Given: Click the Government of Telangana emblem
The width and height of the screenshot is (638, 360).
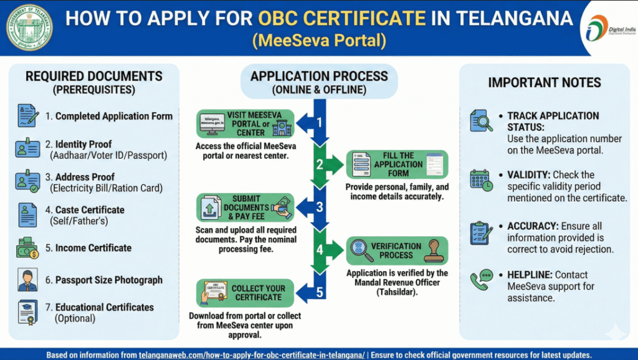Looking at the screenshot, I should point(29,27).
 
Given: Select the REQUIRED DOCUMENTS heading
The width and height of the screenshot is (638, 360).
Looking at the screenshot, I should point(93,77).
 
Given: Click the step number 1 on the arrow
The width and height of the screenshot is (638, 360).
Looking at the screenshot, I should point(320,123).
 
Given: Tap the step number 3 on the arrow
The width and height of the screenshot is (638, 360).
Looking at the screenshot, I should point(320,207).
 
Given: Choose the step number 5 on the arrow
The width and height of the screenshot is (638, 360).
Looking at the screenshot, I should point(320,292).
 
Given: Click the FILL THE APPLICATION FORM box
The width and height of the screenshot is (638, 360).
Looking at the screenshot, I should point(397,164).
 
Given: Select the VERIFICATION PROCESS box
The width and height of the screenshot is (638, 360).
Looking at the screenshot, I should point(397,250).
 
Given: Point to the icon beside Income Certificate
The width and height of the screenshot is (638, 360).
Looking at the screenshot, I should point(27,248).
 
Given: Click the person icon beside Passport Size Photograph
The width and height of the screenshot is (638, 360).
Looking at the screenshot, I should point(27,280).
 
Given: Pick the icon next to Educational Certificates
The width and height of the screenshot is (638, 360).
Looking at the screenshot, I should point(27,313).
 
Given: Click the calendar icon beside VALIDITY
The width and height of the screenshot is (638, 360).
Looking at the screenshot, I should point(482,181).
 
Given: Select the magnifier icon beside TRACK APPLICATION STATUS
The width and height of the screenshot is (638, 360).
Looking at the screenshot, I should point(482,121).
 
